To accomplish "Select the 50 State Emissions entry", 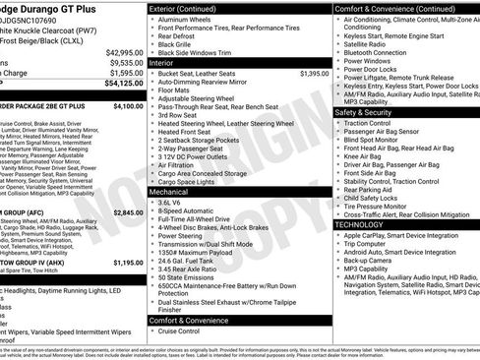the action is click(192, 278).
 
